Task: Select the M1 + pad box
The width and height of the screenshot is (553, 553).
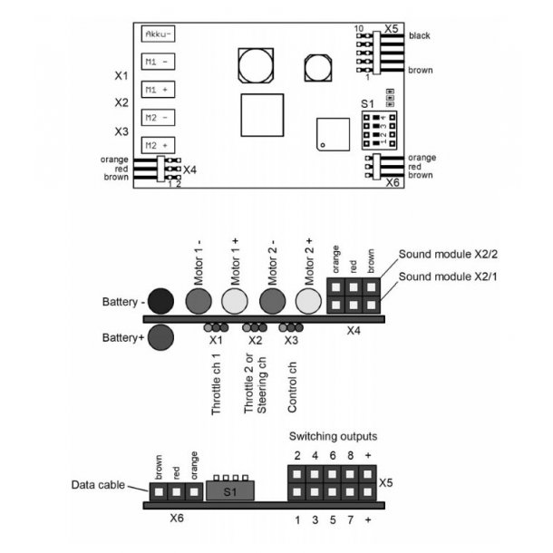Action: (x=158, y=90)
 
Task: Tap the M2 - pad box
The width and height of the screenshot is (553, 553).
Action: (x=158, y=118)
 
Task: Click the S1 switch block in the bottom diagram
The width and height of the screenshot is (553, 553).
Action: (x=230, y=490)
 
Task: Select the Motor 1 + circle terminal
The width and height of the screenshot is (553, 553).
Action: (x=235, y=299)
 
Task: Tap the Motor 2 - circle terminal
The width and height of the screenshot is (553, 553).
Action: (x=272, y=299)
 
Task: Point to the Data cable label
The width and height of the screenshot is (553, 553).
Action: (x=98, y=486)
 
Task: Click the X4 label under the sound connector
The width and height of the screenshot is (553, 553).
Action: (x=354, y=332)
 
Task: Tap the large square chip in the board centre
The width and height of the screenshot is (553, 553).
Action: (x=262, y=114)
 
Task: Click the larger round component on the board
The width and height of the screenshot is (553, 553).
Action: (x=257, y=65)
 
